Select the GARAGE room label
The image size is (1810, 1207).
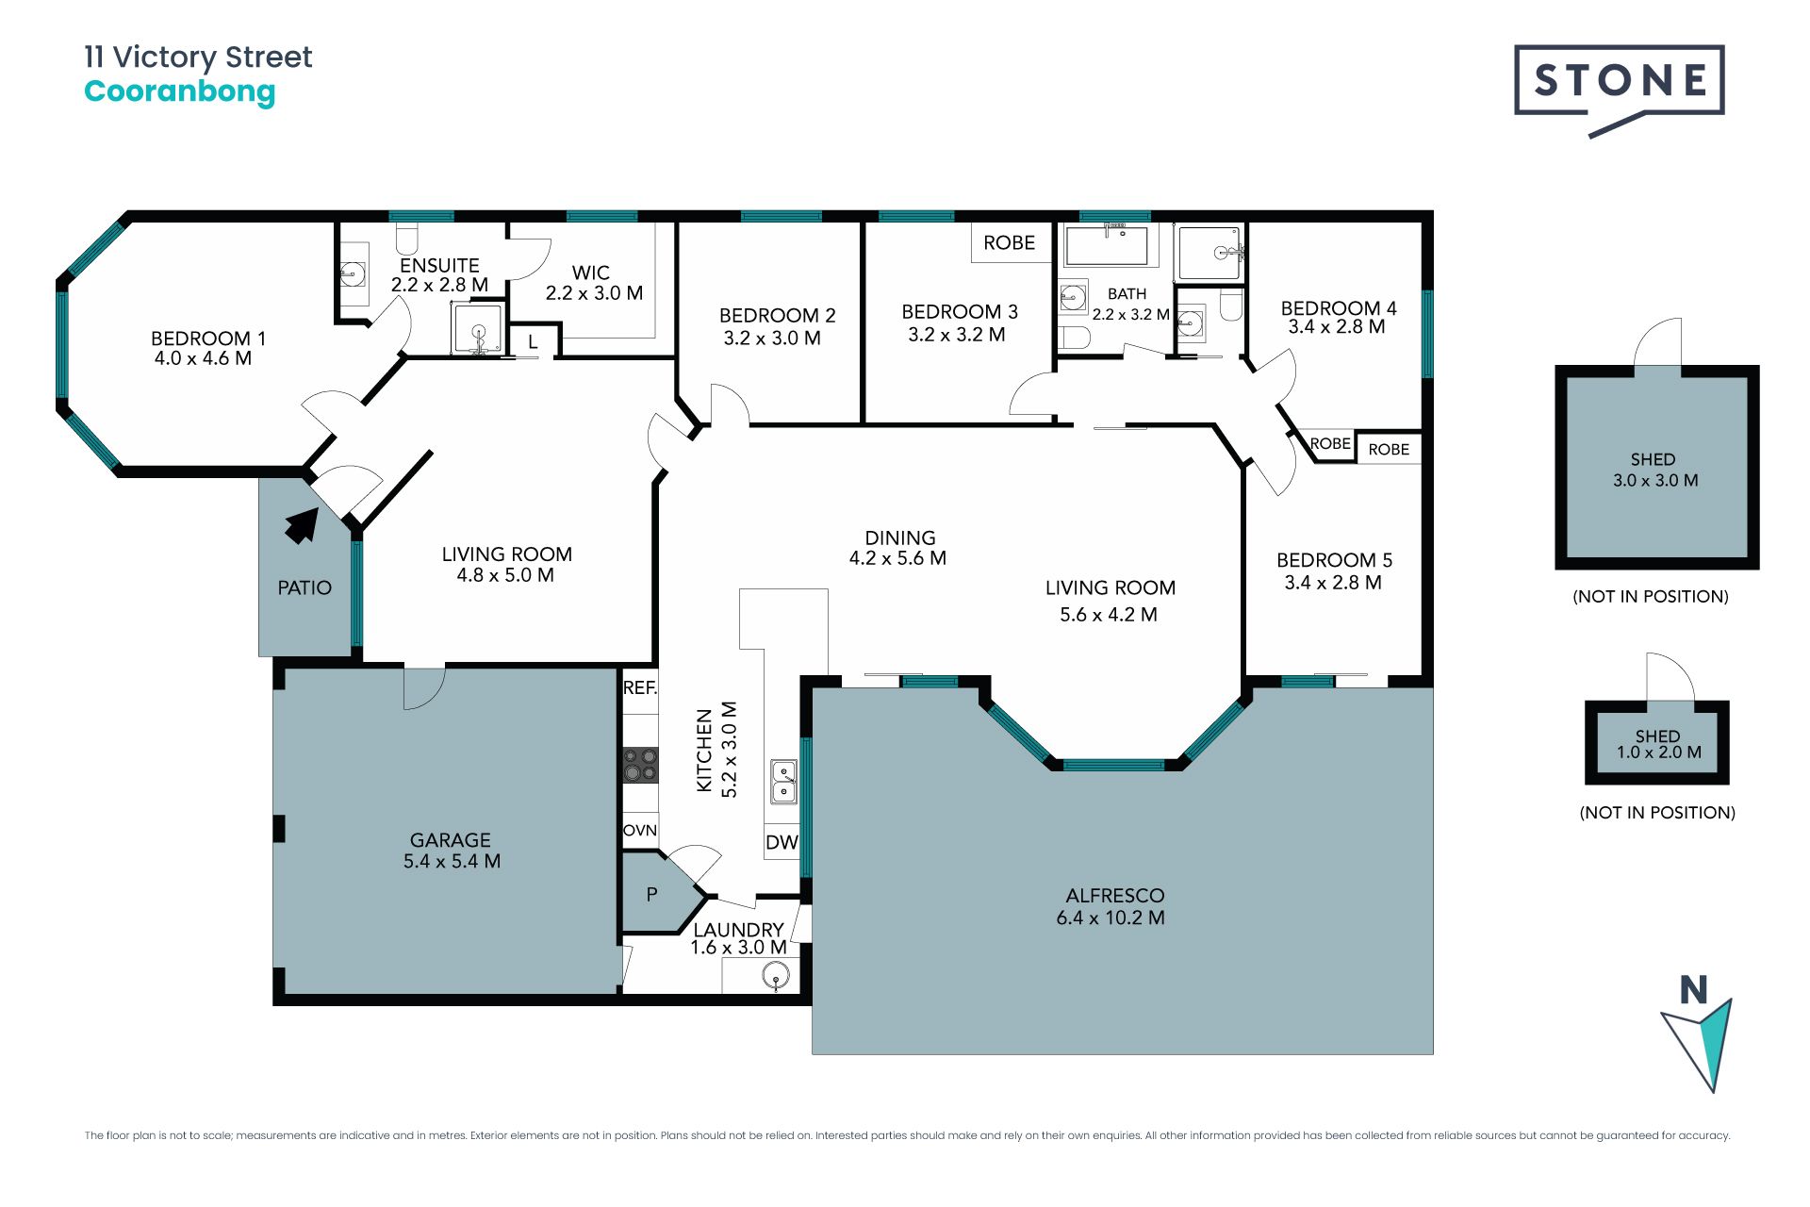pos(451,840)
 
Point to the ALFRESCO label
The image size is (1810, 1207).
pos(1115,896)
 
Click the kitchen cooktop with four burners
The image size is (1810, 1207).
pos(640,765)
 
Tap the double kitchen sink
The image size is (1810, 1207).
pos(784,782)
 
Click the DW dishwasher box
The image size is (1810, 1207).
pos(782,842)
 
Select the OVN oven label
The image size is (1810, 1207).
pos(640,831)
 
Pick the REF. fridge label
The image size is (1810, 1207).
pos(640,688)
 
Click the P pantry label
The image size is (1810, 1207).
pos(651,894)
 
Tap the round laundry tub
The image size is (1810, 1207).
pos(776,977)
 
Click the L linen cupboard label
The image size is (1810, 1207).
pos(533,342)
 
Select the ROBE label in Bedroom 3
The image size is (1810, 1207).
pos(1009,243)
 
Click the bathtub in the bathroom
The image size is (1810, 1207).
pos(1106,245)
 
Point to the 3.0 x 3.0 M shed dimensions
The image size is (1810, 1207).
pos(1655,481)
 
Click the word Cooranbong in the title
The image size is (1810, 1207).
pos(180,92)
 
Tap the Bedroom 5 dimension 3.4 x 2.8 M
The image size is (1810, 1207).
pos(1333,584)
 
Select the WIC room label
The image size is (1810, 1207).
pos(591,273)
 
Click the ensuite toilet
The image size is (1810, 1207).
pos(407,235)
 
